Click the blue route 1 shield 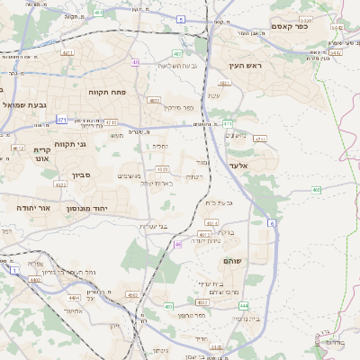pyautogui.click(x=14, y=270)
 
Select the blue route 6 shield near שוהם pyautogui.click(x=272, y=221)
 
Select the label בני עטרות pyautogui.click(x=155, y=226)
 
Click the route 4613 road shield pyautogui.click(x=203, y=235)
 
